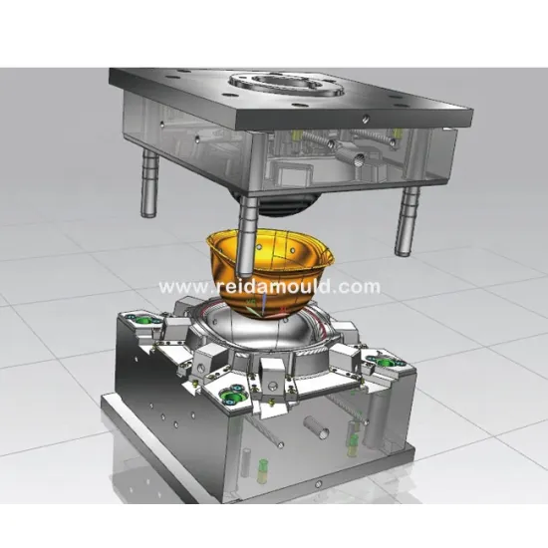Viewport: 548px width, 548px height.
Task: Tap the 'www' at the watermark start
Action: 176,287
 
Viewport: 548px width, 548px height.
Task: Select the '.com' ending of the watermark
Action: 360,287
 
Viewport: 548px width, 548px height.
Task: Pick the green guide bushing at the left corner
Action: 139,321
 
